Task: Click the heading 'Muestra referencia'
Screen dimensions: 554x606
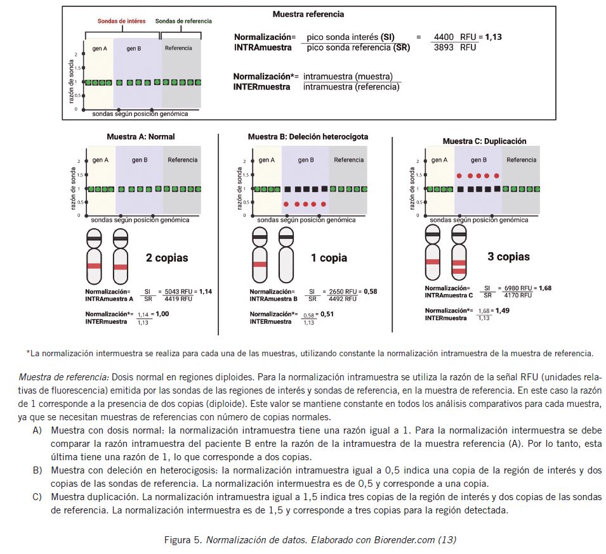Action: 308,14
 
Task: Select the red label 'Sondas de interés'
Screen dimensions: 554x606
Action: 121,21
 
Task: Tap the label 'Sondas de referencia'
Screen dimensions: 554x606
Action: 183,21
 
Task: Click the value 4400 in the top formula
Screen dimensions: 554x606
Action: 443,37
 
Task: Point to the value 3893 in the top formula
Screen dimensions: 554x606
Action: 443,48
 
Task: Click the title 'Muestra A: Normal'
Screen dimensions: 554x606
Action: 141,136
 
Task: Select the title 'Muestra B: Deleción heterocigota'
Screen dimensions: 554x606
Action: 308,136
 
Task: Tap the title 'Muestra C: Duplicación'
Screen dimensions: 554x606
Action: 484,141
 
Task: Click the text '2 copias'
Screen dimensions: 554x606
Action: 167,258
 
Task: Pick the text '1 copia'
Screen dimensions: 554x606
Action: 329,258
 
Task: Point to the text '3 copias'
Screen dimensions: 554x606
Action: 508,257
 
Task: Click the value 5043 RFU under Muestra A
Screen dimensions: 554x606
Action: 177,291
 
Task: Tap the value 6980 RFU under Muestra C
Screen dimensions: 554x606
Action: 518,288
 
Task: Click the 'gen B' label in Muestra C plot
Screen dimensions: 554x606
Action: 478,160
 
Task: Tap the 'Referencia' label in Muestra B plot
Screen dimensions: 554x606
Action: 348,160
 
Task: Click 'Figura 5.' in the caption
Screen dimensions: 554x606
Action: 183,540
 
